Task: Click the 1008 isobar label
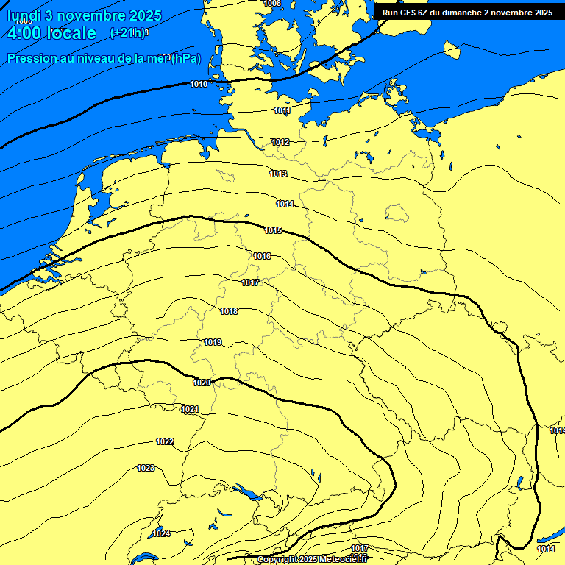click(x=271, y=4)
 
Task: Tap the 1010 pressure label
click(x=199, y=85)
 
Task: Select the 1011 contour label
click(x=282, y=111)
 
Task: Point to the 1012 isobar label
click(x=280, y=142)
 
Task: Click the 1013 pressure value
click(x=278, y=174)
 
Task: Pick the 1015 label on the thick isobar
click(x=274, y=231)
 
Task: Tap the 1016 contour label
click(x=262, y=256)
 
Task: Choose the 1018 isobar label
click(x=229, y=312)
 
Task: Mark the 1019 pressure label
click(x=213, y=343)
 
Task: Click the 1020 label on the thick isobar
click(x=202, y=383)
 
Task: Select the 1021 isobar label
click(x=190, y=410)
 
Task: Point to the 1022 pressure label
click(x=165, y=442)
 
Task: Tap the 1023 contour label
click(x=146, y=469)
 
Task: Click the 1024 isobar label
click(x=161, y=533)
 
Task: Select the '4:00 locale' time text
click(x=51, y=34)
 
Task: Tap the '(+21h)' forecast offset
click(x=128, y=33)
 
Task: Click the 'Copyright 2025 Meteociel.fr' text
click(x=311, y=560)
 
